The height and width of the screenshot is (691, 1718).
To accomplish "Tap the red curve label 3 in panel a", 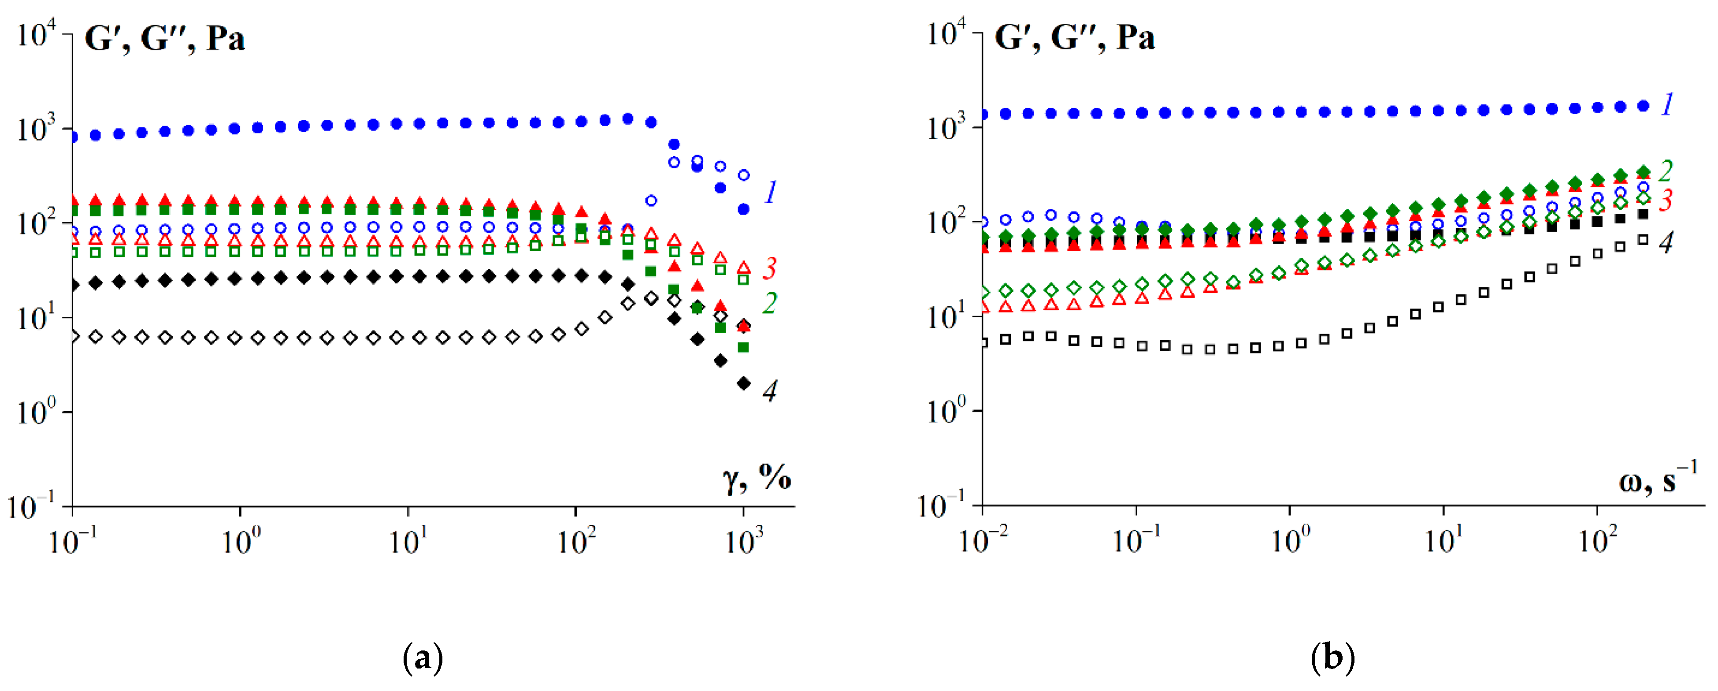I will point(770,268).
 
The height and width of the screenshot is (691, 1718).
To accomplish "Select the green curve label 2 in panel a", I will point(770,304).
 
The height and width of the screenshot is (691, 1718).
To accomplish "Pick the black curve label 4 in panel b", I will point(1666,243).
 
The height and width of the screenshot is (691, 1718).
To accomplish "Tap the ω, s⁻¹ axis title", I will point(1657,478).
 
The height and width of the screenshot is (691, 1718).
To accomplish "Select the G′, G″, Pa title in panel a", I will point(165,39).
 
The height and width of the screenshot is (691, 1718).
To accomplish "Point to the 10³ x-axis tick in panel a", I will point(744,541).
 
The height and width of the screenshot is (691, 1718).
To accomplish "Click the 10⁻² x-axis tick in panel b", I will point(983,541).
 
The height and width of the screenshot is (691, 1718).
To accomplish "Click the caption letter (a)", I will point(423,658).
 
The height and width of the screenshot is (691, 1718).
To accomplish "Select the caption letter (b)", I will point(1332,658).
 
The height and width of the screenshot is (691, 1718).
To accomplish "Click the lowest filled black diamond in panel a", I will point(744,383).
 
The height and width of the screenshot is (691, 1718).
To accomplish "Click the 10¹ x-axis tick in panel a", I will point(408,541).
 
